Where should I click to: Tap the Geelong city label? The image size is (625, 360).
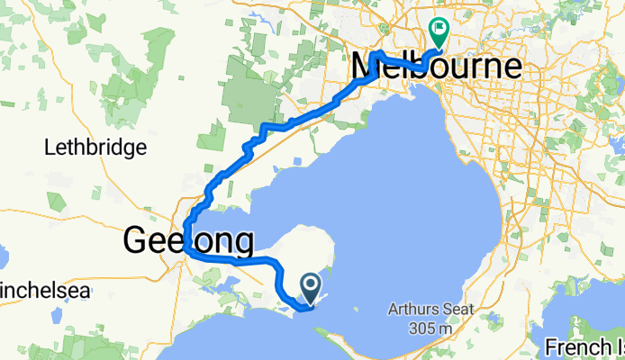(x=187, y=241)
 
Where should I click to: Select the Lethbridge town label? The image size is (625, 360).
(x=95, y=147)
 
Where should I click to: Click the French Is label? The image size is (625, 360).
(x=584, y=346)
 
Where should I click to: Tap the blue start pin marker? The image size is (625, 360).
(x=310, y=289)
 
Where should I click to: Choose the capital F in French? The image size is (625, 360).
(x=550, y=346)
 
